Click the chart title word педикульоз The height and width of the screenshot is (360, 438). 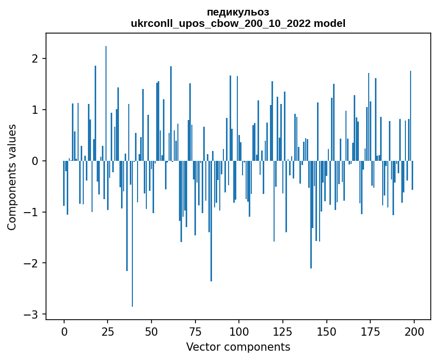(x=238, y=12)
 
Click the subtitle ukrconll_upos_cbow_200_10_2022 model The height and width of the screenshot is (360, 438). (x=238, y=23)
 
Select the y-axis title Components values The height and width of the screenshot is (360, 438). (x=12, y=177)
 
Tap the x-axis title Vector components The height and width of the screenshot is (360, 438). (x=238, y=347)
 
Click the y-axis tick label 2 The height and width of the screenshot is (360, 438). (x=36, y=58)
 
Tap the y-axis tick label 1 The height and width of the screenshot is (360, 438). (x=36, y=110)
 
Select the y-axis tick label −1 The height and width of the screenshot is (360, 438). (x=33, y=212)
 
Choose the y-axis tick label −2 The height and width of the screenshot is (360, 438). (x=33, y=263)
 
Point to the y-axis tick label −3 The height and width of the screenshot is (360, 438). (x=33, y=314)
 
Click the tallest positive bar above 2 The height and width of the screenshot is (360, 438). (x=106, y=103)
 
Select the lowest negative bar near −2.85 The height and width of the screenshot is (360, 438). (x=132, y=233)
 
